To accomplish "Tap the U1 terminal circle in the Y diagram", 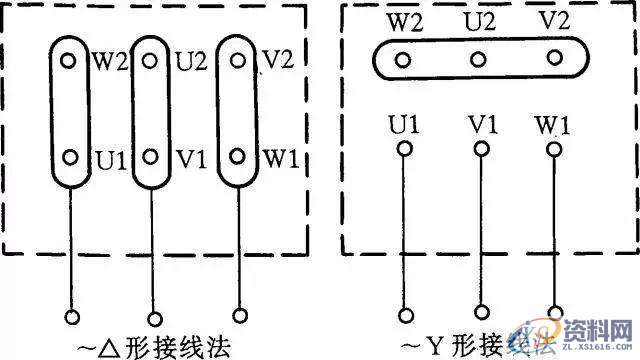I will [x=404, y=150].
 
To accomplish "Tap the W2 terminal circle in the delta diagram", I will [x=69, y=60].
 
